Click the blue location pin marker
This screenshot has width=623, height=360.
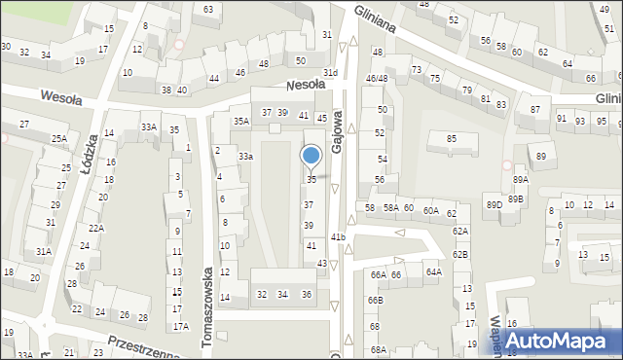[311, 156]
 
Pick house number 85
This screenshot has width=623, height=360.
[451, 139]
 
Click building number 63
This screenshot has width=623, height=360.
[208, 9]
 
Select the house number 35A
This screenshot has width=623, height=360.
[240, 122]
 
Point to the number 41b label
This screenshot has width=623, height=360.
[338, 236]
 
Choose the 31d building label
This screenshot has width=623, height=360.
[331, 73]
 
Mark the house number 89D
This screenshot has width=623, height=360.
[495, 204]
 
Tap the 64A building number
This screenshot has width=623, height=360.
[433, 272]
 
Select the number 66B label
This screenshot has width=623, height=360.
[376, 300]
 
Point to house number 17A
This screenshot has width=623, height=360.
[179, 328]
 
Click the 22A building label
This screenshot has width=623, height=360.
[95, 228]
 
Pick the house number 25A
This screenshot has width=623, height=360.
[59, 139]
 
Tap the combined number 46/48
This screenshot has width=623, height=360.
[377, 78]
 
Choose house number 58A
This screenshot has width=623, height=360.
[389, 208]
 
